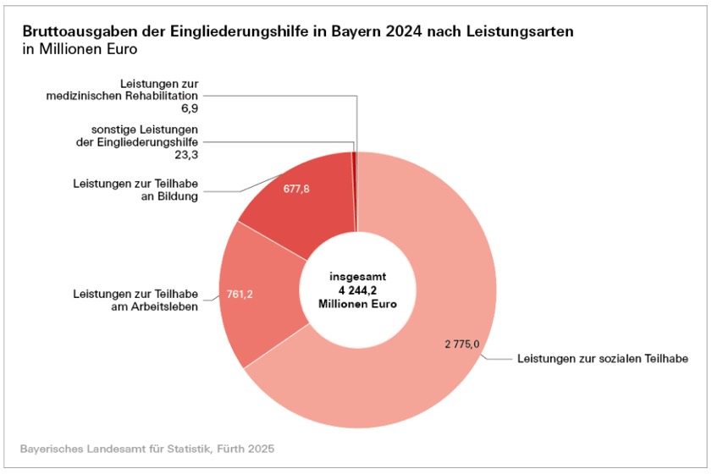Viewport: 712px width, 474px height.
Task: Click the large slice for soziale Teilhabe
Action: pos(423,254)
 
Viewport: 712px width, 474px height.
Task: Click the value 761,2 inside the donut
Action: pos(241,295)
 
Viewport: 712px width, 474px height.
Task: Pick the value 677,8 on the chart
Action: pos(296,189)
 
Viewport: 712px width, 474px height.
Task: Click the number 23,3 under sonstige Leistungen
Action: pos(185,156)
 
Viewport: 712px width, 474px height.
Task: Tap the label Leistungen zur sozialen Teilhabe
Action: pos(602,359)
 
